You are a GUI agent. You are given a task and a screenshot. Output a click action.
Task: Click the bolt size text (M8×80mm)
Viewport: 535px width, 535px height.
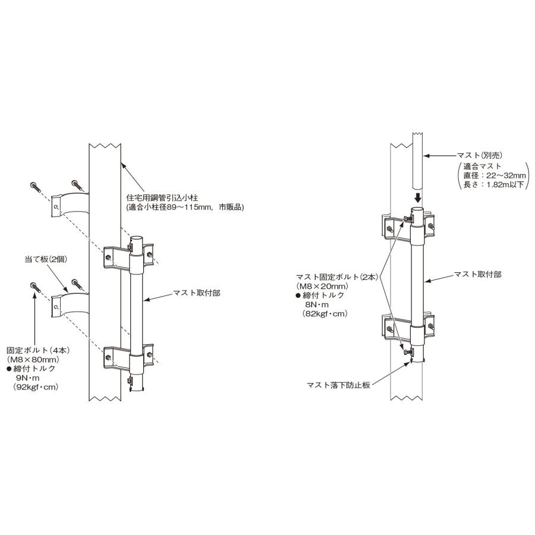click(x=32, y=360)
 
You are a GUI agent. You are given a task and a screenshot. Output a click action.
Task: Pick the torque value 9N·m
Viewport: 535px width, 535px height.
click(x=29, y=377)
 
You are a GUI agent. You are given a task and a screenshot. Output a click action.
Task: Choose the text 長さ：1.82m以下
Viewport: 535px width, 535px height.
click(x=493, y=185)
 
